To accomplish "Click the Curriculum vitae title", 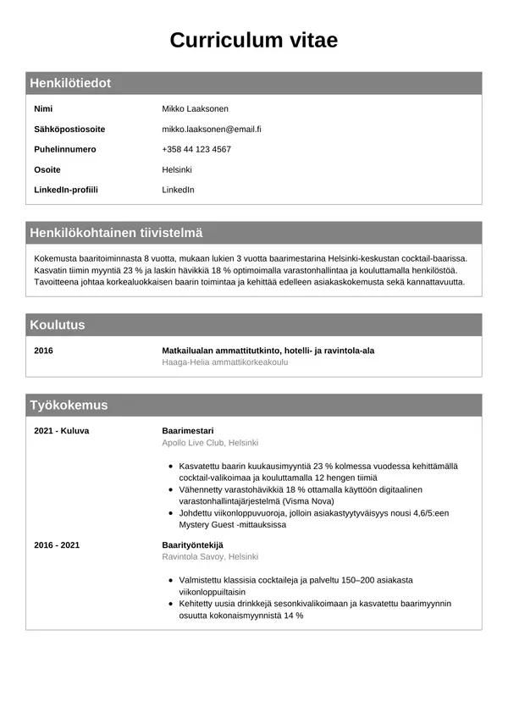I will [254, 40].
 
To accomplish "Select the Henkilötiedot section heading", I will [70, 83].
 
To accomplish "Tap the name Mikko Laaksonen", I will [195, 108].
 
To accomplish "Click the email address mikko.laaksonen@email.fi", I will [211, 129].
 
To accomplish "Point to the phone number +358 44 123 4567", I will [196, 149].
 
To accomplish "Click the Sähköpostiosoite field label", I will [69, 129].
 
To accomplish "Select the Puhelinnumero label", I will [65, 149].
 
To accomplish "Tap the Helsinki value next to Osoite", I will [177, 169].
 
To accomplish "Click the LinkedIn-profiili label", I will [66, 190].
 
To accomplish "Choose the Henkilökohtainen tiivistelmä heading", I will [116, 233].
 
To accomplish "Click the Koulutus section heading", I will [58, 324].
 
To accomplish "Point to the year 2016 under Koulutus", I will [43, 350].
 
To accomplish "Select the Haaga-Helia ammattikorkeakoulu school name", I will [224, 362].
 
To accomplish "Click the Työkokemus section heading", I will [69, 405].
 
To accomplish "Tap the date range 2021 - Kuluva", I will [61, 430].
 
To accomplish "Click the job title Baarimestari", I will [188, 430].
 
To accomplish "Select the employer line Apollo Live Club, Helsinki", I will [210, 442].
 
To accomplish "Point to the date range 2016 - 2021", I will [57, 544].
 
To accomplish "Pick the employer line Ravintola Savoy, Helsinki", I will [210, 556].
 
